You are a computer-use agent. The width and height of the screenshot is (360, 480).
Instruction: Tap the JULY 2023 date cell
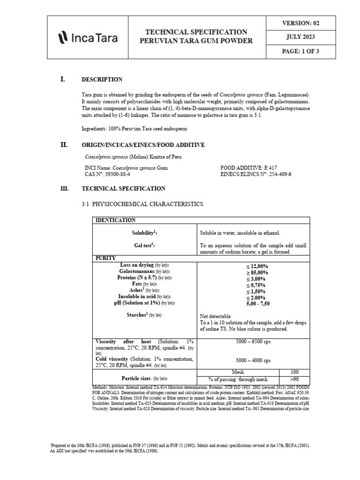pos(300,37)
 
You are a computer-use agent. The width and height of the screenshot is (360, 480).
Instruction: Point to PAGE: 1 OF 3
pos(300,52)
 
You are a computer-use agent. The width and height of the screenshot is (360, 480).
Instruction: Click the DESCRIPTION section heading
pos(102,80)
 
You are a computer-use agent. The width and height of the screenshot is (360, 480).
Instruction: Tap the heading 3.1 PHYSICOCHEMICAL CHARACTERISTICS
pos(142,204)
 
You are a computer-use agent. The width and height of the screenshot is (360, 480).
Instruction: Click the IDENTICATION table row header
pos(116,220)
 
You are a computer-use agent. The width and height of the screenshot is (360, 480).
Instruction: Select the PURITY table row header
pos(106,258)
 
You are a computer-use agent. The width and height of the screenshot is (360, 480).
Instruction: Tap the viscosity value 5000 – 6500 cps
pos(253,341)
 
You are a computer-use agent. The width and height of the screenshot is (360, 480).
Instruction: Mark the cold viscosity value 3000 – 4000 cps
pos(253,360)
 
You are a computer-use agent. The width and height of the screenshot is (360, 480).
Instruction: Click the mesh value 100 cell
pos(294,372)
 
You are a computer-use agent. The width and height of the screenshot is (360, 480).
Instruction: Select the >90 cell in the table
pos(294,379)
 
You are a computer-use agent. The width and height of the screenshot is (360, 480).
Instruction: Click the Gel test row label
pos(145,245)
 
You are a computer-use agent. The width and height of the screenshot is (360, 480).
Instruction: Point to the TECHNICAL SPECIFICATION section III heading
pos(123,188)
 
